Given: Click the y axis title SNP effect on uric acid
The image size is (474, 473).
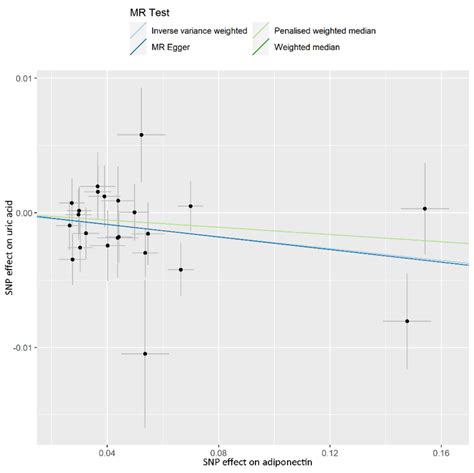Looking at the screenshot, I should click(x=8, y=254).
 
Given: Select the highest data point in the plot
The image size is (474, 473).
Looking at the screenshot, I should click(x=142, y=134).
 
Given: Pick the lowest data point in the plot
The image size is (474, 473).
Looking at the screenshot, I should click(x=145, y=353).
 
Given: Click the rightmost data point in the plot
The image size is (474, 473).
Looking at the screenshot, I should click(x=425, y=208).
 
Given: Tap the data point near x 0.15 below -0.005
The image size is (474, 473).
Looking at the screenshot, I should click(x=407, y=321).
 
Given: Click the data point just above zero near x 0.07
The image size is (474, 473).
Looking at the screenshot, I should click(x=190, y=206).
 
